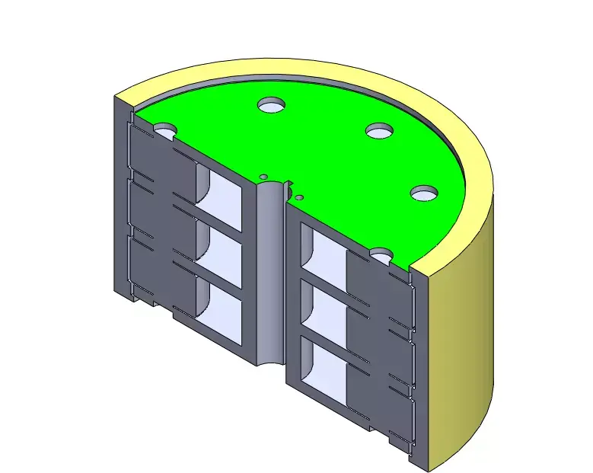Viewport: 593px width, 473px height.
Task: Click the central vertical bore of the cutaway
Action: coord(269,274)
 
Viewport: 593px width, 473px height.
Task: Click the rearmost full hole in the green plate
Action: coord(271,105)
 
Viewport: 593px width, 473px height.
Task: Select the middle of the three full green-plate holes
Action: coord(379,131)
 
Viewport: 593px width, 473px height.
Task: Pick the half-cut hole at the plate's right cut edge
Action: coord(381,253)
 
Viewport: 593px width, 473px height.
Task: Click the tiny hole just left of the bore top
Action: coord(263,176)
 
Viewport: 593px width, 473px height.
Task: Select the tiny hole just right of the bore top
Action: coord(299,198)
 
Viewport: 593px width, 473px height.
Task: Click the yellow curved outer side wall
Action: coord(464,343)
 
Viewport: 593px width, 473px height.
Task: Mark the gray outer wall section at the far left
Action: coord(121,198)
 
